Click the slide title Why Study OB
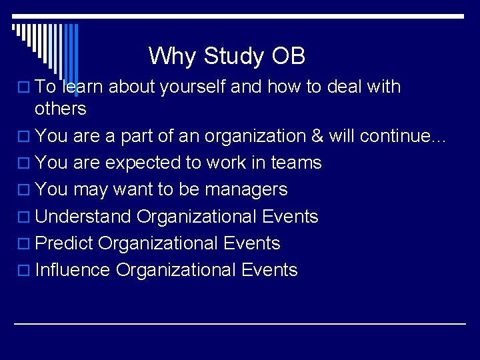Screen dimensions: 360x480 [227, 56]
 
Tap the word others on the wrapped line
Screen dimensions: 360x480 [61, 109]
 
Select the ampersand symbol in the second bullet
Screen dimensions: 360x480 [317, 136]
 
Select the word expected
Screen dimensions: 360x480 [136, 163]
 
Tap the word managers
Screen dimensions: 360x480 [246, 190]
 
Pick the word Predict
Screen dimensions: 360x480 [64, 243]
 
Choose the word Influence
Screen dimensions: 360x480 [73, 270]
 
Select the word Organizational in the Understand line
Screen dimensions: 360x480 [197, 217]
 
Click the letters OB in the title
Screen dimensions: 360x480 [288, 56]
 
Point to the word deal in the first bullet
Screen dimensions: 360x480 [345, 87]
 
